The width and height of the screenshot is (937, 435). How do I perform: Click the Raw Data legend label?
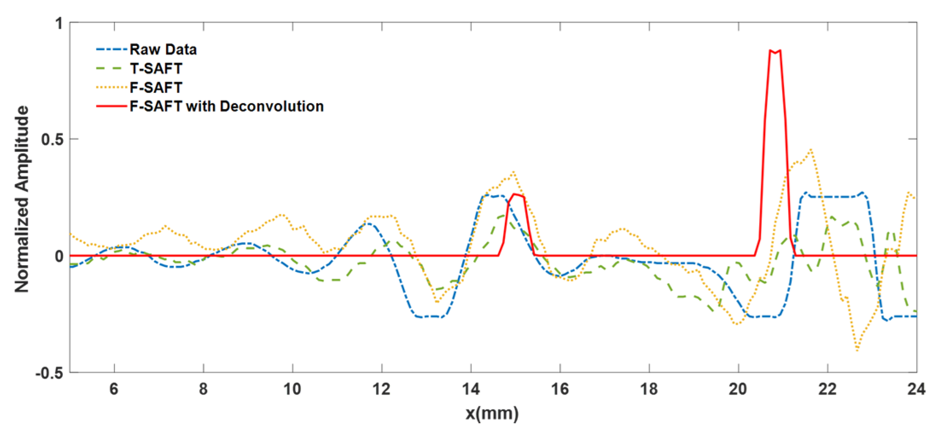pos(163,49)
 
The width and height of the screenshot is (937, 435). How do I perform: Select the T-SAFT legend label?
pos(156,69)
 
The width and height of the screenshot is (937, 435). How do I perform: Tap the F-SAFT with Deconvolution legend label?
pos(226,106)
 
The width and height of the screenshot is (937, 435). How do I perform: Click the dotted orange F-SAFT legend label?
pos(156,88)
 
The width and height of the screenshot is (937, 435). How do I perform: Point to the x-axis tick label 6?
pos(114,389)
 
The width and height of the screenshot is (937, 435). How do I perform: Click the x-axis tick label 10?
pos(292,389)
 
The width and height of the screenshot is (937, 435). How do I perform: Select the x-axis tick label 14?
pos(471,389)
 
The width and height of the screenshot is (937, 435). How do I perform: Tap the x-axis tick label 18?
pos(649,389)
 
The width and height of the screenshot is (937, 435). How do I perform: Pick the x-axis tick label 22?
pos(828,389)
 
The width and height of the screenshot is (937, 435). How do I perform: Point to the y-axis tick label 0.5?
pos(52,139)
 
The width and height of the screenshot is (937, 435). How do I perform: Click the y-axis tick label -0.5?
pos(49,373)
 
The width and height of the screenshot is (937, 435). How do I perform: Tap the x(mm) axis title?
pos(492,414)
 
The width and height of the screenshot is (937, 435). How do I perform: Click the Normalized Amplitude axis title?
pos(22,199)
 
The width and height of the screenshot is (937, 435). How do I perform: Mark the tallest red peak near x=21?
pos(775,52)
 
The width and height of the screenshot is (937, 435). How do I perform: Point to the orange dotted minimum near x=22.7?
pos(857,350)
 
